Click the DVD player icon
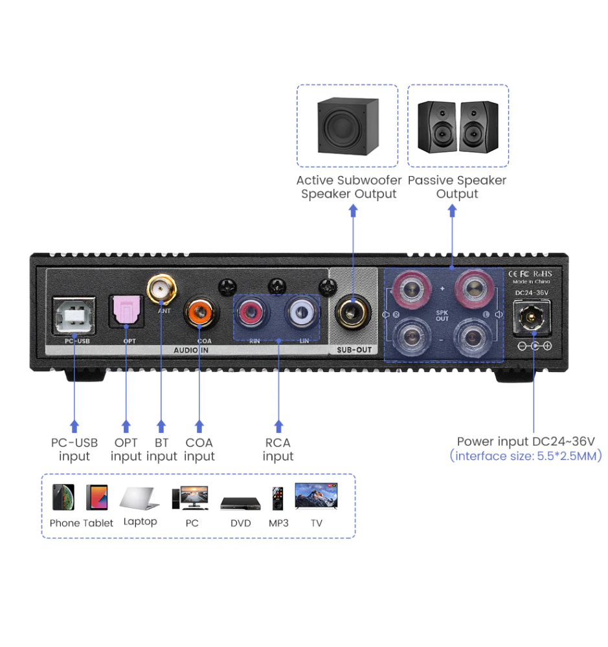point(240,503)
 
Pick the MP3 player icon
point(278,498)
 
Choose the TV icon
point(316,496)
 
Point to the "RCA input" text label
point(278,450)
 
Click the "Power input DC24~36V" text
point(525,442)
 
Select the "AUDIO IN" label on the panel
point(192,350)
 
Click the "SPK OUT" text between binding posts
point(442,316)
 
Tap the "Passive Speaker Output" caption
point(457,187)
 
